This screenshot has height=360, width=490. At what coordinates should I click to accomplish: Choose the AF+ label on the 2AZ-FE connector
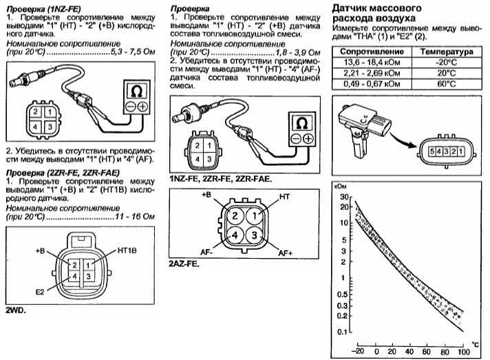point(286,253)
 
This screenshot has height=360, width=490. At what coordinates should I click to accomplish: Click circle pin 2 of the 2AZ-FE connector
point(235,216)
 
